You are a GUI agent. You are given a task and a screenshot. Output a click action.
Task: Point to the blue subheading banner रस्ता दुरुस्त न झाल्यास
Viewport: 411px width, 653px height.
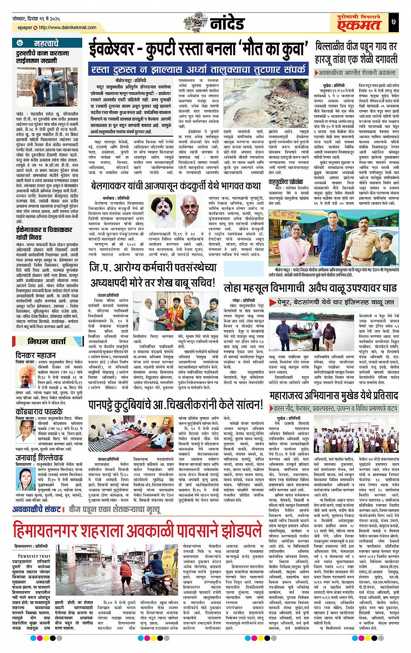tap(198, 70)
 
